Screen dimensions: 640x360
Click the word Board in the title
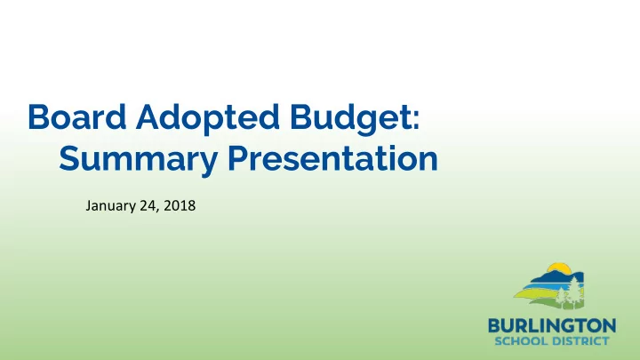pyautogui.click(x=76, y=116)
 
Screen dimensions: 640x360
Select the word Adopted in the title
pyautogui.click(x=208, y=119)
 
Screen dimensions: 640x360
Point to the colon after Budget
pyautogui.click(x=415, y=120)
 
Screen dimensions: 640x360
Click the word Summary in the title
pyautogui.click(x=138, y=160)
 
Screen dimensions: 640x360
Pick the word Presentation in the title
pyautogui.click(x=332, y=158)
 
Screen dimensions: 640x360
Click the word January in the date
pyautogui.click(x=110, y=205)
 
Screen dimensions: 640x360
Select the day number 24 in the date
pyautogui.click(x=148, y=205)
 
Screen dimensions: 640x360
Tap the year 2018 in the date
pyautogui.click(x=180, y=205)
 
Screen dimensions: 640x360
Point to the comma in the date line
pyautogui.click(x=157, y=210)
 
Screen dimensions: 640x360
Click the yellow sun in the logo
pyautogui.click(x=559, y=268)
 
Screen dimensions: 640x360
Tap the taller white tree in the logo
pyautogui.click(x=575, y=291)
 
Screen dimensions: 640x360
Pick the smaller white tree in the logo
pyautogui.click(x=562, y=296)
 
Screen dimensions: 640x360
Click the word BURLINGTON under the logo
pyautogui.click(x=552, y=326)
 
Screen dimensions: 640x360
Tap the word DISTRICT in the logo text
pyautogui.click(x=580, y=340)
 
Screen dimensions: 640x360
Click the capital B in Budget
pyautogui.click(x=300, y=116)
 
